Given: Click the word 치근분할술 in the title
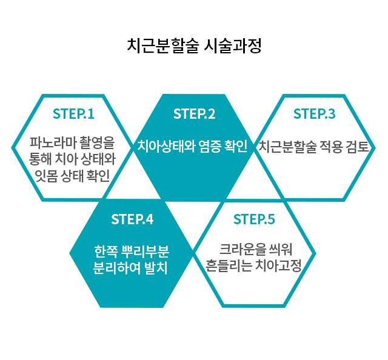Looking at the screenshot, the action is (162, 45).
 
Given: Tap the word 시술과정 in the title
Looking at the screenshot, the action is (233, 45).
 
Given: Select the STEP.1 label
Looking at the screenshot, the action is (73, 114).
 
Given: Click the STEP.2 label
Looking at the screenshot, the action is (194, 114).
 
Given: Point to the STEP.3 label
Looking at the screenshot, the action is (314, 114).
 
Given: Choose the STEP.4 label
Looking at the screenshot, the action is (132, 219).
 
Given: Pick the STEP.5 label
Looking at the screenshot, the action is (254, 219).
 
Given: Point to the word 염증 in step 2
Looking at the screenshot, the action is (210, 146).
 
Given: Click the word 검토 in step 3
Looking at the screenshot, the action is (358, 147).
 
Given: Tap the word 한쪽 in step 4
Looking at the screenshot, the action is (105, 251).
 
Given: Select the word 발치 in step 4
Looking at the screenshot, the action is (156, 268).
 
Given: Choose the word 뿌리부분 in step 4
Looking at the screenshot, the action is (146, 251).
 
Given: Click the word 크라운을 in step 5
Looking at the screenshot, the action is (242, 249).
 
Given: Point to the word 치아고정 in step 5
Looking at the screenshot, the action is (278, 265).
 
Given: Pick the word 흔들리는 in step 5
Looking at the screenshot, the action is (229, 265).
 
